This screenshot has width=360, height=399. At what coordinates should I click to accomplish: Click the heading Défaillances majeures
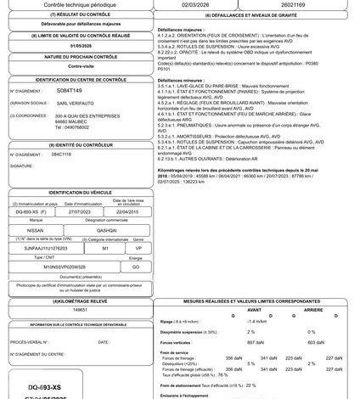point(189,29)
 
